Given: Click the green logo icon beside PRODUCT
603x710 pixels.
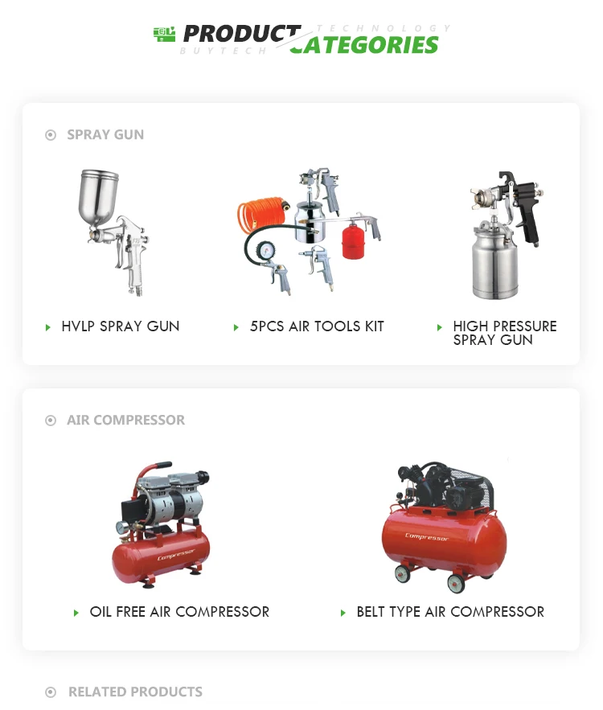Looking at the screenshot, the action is [x=164, y=35].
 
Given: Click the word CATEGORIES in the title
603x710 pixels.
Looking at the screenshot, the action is [x=364, y=45].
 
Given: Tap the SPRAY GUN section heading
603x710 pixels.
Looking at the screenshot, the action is [x=105, y=134].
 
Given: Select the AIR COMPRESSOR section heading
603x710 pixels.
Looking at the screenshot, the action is [x=126, y=420].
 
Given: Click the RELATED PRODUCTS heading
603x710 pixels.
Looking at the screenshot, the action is [x=135, y=692].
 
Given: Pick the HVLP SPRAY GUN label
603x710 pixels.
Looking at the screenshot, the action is [x=121, y=326].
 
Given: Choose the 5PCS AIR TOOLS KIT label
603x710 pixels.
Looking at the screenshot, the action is [x=317, y=326].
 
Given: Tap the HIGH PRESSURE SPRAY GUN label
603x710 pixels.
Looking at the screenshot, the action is [x=505, y=333].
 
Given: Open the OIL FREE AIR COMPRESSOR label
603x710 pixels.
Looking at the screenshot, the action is [x=179, y=612].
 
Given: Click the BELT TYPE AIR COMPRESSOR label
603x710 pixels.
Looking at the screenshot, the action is [x=450, y=612].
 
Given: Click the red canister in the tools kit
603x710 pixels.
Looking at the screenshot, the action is [x=353, y=241].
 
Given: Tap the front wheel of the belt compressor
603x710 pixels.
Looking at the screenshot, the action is [x=456, y=583].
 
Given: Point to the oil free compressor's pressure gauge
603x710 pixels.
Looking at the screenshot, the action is [x=122, y=528].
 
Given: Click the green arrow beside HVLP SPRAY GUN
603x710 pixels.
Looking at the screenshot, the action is [x=48, y=327].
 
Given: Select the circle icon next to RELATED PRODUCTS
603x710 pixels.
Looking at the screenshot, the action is [x=51, y=692].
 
